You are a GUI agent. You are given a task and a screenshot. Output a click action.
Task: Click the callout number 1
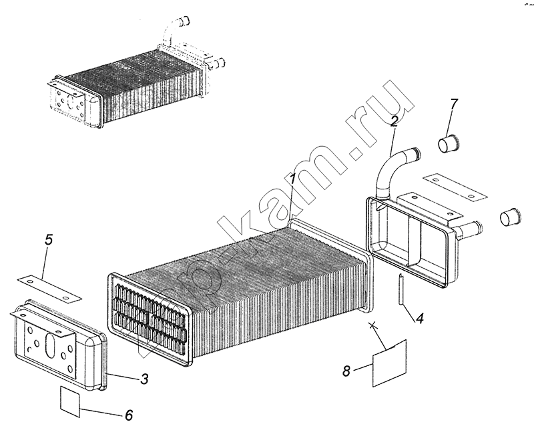click(x=292, y=179)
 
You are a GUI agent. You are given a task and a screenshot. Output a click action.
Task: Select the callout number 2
click(x=394, y=121)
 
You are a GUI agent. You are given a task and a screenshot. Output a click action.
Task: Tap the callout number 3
click(x=145, y=379)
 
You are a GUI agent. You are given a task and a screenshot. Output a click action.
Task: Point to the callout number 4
click(x=420, y=319)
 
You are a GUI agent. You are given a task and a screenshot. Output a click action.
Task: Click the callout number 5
click(x=49, y=240)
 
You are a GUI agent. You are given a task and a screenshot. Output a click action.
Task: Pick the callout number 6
click(x=129, y=415)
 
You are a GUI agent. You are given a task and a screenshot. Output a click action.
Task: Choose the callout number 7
click(x=454, y=104)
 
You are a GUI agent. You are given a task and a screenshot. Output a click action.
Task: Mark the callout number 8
click(x=346, y=371)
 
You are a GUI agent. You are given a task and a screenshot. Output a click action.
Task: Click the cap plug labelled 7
click(x=448, y=144)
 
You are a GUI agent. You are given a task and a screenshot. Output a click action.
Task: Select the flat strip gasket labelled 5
click(x=49, y=289)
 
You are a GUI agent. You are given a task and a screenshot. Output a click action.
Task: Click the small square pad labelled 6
click(x=70, y=401)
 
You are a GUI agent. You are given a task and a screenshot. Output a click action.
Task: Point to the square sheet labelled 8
click(x=390, y=363)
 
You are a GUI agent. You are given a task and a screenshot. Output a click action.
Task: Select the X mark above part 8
click(x=373, y=325)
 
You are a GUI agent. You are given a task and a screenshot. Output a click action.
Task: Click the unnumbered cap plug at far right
click(x=510, y=217)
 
